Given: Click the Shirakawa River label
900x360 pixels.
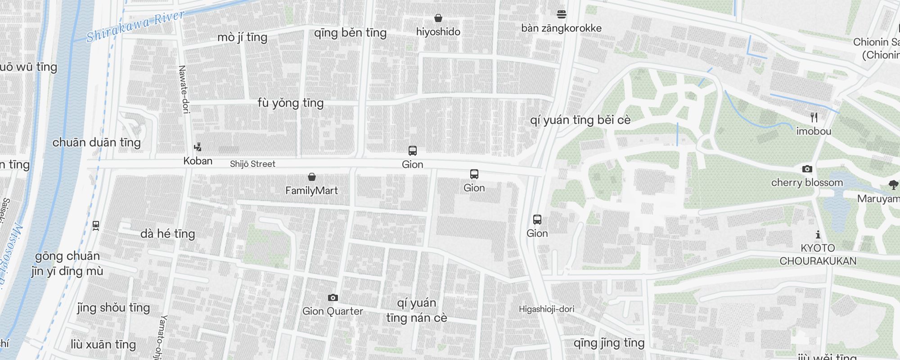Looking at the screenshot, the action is pyautogui.click(x=135, y=27).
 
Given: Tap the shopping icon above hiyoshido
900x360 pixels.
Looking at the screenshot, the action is pyautogui.click(x=438, y=18).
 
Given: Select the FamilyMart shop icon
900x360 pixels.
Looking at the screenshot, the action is pyautogui.click(x=311, y=177).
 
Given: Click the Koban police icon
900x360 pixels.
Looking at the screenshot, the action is pyautogui.click(x=198, y=147).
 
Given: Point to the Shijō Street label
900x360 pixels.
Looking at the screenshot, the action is pyautogui.click(x=252, y=164).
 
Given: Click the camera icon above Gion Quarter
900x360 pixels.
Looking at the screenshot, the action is pyautogui.click(x=333, y=297).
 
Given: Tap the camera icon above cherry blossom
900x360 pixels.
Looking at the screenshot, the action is pyautogui.click(x=807, y=169).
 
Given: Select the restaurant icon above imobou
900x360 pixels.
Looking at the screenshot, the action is pyautogui.click(x=814, y=117).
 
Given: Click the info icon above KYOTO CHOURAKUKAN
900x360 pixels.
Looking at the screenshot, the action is pyautogui.click(x=818, y=234).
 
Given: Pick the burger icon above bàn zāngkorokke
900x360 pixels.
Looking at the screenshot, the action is pyautogui.click(x=561, y=14).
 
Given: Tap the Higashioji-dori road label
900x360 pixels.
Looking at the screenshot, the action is pyautogui.click(x=546, y=309).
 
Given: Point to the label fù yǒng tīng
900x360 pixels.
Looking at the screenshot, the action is pyautogui.click(x=290, y=103).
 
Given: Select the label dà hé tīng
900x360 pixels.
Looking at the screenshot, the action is pyautogui.click(x=167, y=234).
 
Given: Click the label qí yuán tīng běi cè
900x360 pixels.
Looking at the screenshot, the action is pyautogui.click(x=580, y=120).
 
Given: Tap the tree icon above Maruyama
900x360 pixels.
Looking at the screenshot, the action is pyautogui.click(x=893, y=184).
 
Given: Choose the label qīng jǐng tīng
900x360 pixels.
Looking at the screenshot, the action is pyautogui.click(x=609, y=343).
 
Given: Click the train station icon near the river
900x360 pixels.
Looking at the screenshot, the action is pyautogui.click(x=95, y=225).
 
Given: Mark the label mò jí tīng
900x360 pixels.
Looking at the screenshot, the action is pyautogui.click(x=242, y=37).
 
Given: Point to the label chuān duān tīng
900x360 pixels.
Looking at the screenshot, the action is pyautogui.click(x=96, y=143).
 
